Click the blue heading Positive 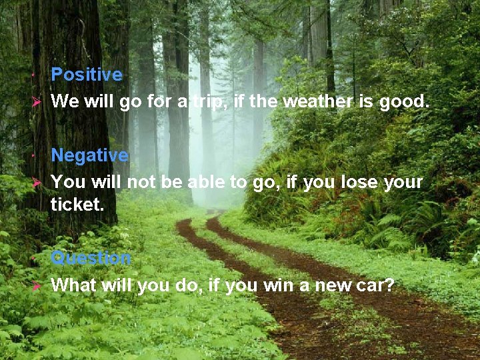pos(87,75)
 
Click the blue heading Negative pos(89,155)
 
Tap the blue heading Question pos(91,257)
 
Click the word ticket pos(77,205)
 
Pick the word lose pos(359,182)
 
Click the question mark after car pos(390,286)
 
